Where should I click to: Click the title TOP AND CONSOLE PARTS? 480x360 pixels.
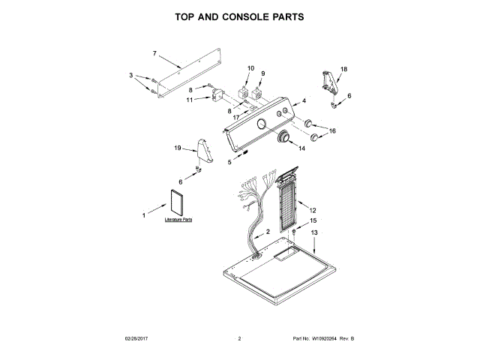(239, 16)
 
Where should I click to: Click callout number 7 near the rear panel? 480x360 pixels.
(154, 53)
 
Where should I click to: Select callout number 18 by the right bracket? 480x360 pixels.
(344, 69)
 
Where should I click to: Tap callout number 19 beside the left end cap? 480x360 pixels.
(178, 148)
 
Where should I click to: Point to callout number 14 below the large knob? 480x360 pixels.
(302, 148)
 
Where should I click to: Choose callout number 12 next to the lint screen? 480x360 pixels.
(313, 211)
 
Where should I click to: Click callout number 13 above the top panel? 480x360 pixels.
(314, 234)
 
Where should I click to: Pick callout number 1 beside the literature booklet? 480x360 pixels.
(144, 216)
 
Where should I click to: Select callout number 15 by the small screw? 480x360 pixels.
(313, 221)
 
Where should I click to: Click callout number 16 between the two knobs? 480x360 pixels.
(332, 130)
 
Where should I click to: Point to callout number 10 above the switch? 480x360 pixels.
(250, 69)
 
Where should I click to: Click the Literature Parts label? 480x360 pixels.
(178, 220)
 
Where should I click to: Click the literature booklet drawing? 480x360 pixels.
(178, 203)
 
